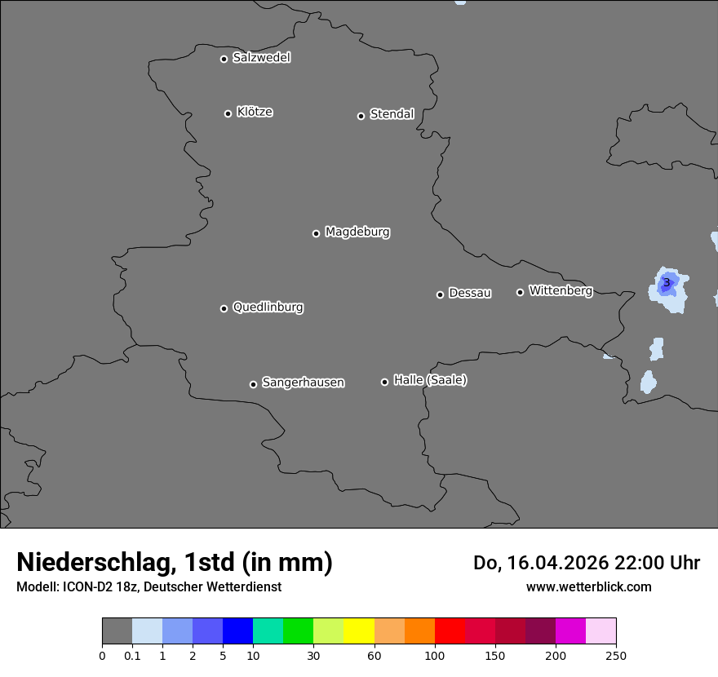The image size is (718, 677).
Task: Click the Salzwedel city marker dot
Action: (224, 59)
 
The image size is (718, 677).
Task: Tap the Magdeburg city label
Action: (357, 232)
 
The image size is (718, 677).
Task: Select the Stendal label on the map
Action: (392, 114)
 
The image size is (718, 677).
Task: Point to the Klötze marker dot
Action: (228, 113)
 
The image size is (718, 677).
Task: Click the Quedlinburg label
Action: (268, 308)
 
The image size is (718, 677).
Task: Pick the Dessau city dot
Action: (440, 294)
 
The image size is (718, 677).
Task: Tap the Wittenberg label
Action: (561, 290)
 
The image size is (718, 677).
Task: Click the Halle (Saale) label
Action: (430, 380)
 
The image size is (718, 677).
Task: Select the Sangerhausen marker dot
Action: (253, 384)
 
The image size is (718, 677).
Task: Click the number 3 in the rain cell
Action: (667, 283)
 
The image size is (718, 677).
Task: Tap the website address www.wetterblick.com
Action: (588, 586)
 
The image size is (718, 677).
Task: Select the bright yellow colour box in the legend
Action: (359, 631)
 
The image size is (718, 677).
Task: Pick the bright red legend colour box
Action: (450, 631)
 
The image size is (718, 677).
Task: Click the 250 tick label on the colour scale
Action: (616, 655)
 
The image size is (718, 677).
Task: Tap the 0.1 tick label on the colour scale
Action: (132, 655)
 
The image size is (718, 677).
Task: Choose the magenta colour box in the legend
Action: (570, 631)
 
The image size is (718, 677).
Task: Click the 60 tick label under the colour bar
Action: (375, 655)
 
